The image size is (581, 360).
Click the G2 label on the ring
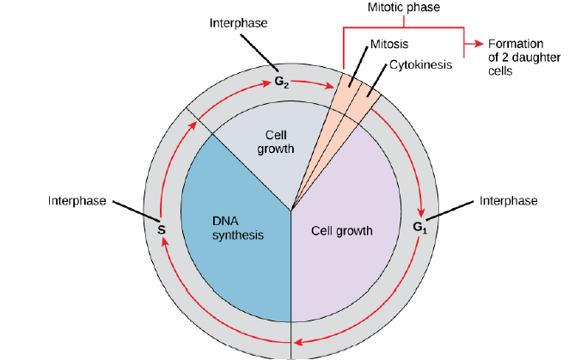point(280,82)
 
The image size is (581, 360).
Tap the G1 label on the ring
point(419,228)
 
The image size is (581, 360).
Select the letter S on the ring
point(161,229)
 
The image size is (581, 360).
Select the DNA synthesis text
point(236,227)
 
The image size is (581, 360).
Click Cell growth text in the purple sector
point(342,230)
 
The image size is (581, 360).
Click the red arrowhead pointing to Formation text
point(475,42)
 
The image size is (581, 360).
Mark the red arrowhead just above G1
point(421,212)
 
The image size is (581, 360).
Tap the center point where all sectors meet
point(292,209)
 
